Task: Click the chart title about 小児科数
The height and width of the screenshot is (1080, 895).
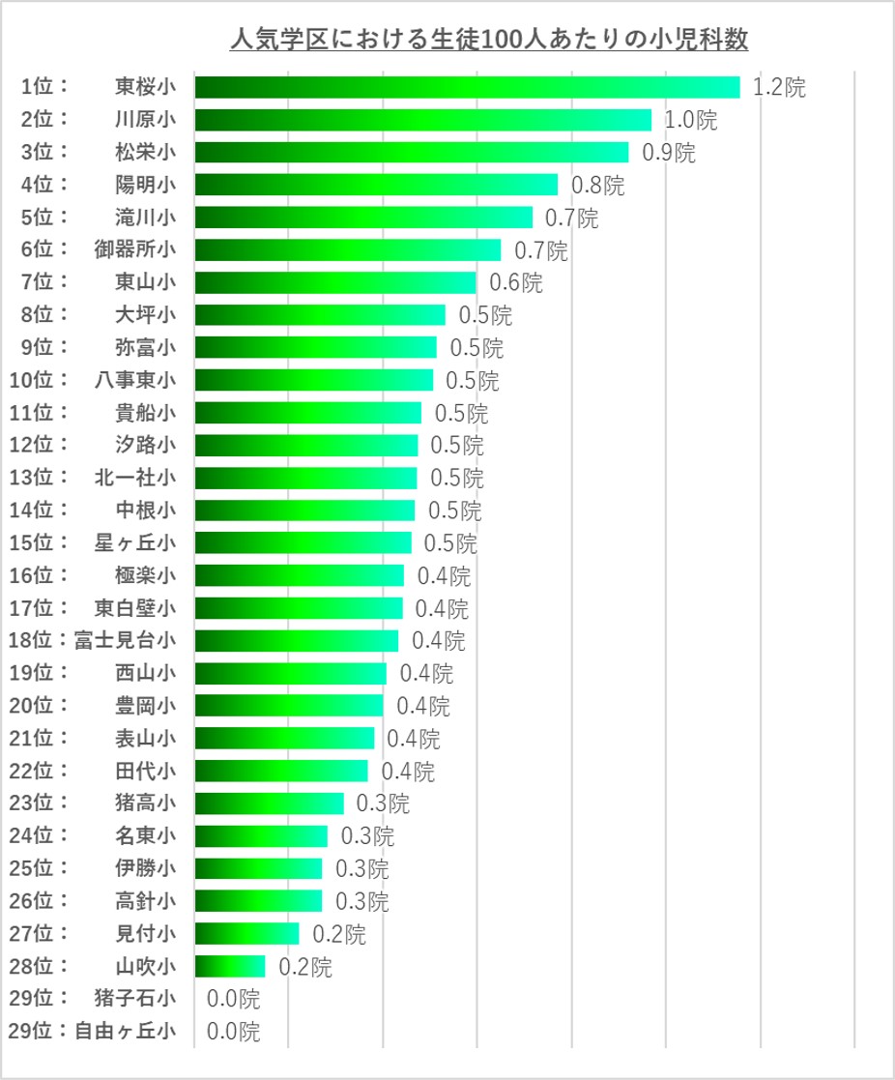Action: click(488, 41)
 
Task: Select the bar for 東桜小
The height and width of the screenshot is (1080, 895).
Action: click(467, 87)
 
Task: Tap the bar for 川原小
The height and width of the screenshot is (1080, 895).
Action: click(423, 120)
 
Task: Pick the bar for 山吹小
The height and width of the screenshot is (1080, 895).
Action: click(230, 966)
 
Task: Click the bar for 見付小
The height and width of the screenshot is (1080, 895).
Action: click(246, 934)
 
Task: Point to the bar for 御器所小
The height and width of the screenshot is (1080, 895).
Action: click(348, 250)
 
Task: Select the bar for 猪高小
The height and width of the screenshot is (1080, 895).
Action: click(269, 803)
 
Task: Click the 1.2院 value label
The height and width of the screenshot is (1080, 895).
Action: click(779, 88)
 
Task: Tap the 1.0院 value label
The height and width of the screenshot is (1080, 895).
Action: click(691, 121)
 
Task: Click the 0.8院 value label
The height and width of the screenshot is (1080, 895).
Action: click(598, 186)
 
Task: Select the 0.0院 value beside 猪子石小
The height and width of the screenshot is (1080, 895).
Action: click(233, 999)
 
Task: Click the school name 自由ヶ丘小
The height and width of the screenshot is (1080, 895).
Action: click(126, 1031)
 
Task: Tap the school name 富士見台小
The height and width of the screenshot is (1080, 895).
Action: click(126, 640)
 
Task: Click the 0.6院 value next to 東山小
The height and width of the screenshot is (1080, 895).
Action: click(516, 283)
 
